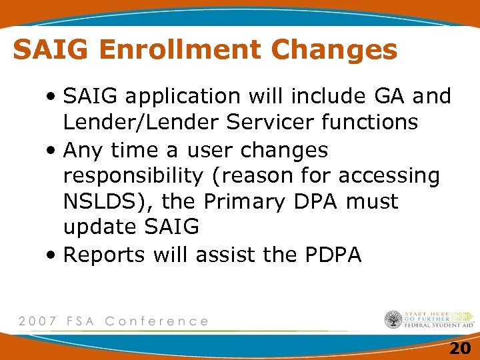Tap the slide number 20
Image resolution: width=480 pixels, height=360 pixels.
pyautogui.click(x=459, y=348)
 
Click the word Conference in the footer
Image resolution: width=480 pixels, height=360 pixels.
pyautogui.click(x=157, y=321)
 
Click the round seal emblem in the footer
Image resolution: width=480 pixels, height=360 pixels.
pyautogui.click(x=393, y=320)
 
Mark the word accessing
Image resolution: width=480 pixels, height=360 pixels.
pyautogui.click(x=389, y=176)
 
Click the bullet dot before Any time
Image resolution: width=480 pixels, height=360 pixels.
pyautogui.click(x=51, y=151)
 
